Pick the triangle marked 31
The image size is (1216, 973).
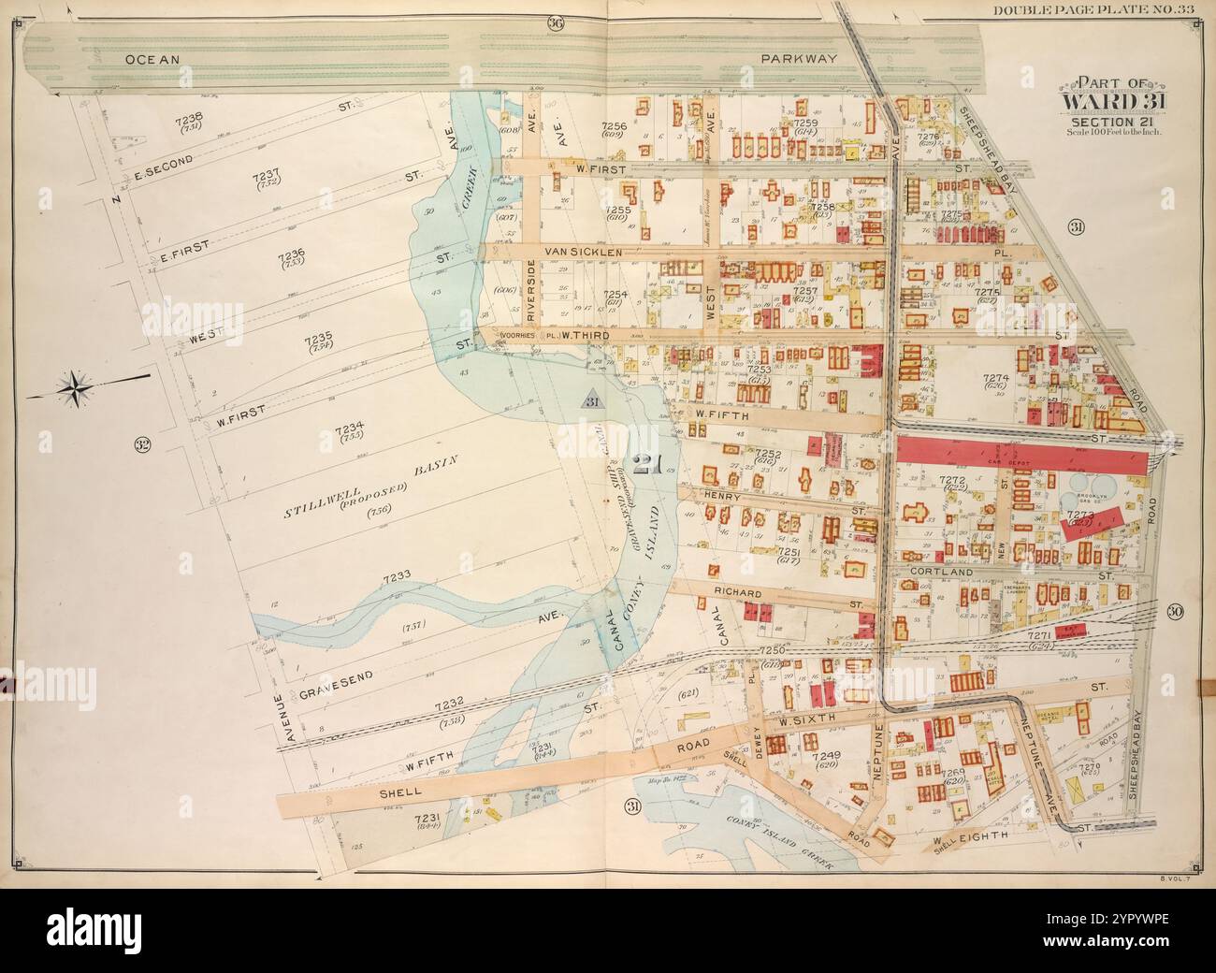590,399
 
